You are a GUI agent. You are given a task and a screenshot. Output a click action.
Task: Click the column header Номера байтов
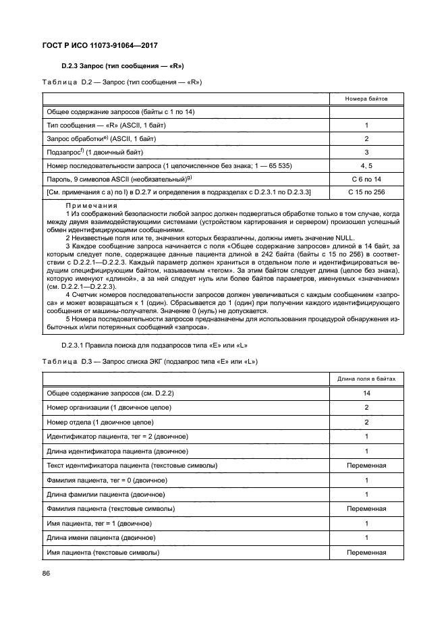point(366,99)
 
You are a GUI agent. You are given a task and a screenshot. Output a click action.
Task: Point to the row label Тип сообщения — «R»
point(106,126)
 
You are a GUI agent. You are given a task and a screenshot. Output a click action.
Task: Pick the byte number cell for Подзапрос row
point(366,153)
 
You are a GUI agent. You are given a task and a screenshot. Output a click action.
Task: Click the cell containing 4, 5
point(366,166)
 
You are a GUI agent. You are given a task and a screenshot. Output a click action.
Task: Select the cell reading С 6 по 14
point(366,180)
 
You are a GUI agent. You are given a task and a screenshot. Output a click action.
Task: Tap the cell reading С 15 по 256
point(366,193)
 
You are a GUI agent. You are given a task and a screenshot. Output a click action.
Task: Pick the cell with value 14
point(366,392)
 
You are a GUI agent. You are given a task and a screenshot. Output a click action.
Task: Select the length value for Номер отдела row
point(366,422)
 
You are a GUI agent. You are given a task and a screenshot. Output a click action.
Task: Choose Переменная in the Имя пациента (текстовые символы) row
point(366,553)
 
